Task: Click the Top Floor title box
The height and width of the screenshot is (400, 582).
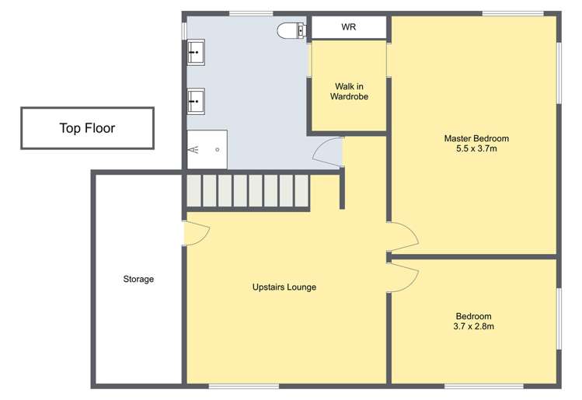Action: [x=87, y=128]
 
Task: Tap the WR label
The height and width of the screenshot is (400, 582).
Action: [x=349, y=28]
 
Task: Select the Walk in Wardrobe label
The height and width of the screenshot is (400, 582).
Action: [x=349, y=92]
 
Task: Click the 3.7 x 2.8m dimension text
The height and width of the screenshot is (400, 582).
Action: [x=474, y=326]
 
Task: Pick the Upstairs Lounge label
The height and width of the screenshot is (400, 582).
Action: [x=284, y=287]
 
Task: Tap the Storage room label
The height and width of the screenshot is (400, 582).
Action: [x=138, y=279]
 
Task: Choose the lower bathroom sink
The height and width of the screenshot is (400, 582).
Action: [x=195, y=100]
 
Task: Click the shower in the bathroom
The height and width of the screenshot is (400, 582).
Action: [x=207, y=149]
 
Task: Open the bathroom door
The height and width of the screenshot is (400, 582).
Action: [x=329, y=151]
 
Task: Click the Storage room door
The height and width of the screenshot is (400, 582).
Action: [x=195, y=233]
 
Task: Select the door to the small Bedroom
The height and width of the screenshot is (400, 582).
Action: [x=403, y=276]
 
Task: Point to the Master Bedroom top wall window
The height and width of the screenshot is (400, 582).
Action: [x=512, y=13]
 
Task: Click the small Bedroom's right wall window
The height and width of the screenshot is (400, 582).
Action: [x=559, y=318]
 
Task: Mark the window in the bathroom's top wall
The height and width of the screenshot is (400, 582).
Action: [x=250, y=13]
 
